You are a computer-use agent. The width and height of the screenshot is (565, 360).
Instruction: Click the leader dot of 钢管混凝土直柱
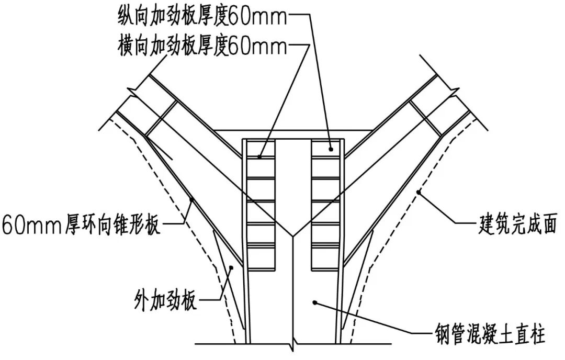[314, 301]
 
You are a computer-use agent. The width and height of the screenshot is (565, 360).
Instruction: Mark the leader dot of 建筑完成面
[419, 194]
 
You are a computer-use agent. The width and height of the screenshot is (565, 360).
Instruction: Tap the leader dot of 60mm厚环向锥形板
[191, 199]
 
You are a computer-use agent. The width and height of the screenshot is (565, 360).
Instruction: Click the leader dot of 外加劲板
[231, 267]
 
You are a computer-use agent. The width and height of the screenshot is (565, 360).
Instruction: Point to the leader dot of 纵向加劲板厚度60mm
[330, 149]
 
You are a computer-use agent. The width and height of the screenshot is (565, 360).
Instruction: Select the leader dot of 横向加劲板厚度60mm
[261, 156]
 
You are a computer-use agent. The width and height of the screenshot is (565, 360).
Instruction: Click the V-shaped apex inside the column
[294, 235]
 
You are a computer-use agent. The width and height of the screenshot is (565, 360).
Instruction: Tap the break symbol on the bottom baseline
[292, 345]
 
